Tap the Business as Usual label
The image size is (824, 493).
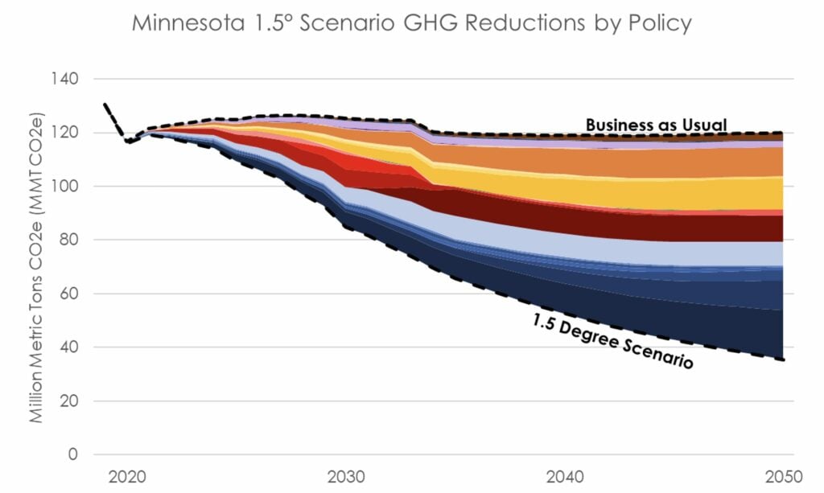click(656, 125)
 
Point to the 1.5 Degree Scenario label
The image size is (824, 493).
click(612, 341)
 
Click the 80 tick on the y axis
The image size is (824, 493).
click(68, 240)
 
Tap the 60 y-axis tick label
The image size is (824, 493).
click(68, 294)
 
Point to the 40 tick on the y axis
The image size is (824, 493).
click(68, 347)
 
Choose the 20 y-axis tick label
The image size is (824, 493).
click(68, 401)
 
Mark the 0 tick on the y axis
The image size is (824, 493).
click(72, 454)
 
